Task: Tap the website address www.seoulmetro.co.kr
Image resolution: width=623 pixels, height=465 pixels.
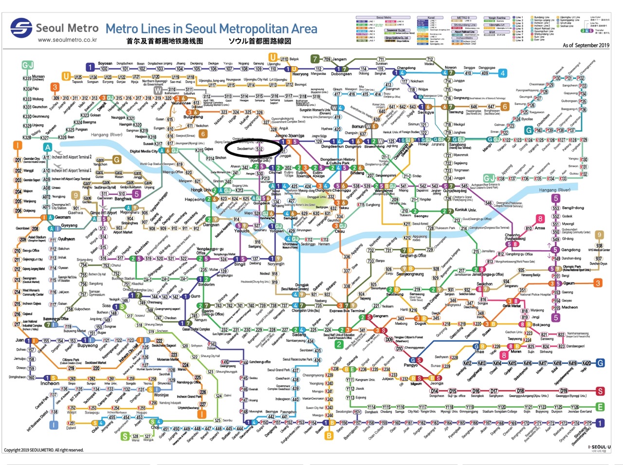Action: click(x=67, y=40)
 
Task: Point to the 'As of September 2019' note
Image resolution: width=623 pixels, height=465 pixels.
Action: click(x=586, y=45)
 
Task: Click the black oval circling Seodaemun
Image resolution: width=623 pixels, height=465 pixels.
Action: click(x=254, y=148)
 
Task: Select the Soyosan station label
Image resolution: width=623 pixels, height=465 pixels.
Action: click(x=105, y=63)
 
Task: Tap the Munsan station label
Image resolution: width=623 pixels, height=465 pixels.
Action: click(x=37, y=77)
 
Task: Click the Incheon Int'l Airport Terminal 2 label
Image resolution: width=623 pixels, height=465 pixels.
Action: click(x=72, y=157)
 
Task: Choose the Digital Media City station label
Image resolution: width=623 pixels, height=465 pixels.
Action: click(x=144, y=151)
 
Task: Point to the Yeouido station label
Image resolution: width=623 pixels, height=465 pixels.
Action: click(x=242, y=231)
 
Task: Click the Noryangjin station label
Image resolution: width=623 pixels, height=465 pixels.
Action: click(x=276, y=264)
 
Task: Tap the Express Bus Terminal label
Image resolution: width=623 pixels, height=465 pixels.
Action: click(x=347, y=311)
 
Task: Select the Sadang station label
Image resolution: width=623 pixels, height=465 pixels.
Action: click(x=299, y=335)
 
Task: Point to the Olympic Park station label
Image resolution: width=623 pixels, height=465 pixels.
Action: click(x=572, y=267)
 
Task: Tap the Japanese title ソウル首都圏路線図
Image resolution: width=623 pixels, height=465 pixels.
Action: click(x=260, y=41)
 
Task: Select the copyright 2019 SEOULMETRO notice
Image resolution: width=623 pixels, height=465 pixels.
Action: click(x=44, y=450)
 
